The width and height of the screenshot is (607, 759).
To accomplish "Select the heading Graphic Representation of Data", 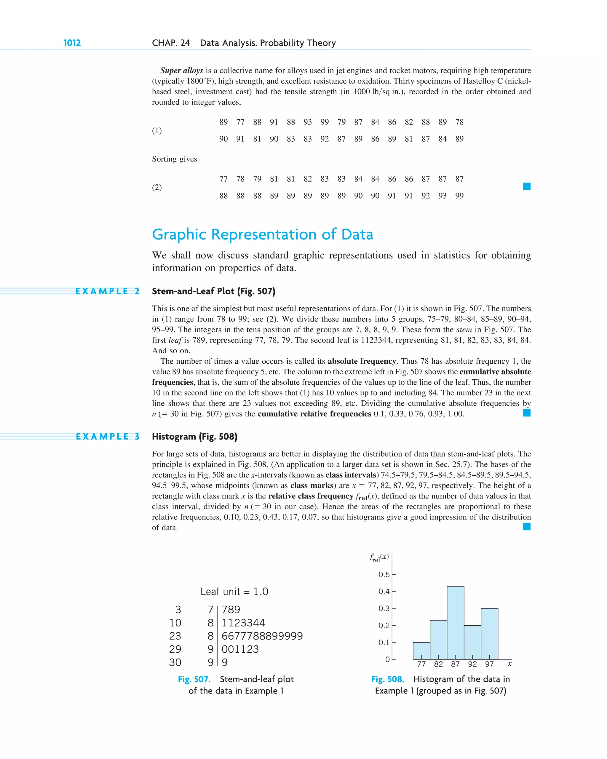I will coord(262,234).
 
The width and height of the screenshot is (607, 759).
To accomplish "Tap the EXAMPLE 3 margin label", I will coord(107,437).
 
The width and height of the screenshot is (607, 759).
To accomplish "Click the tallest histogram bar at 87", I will coord(455,623).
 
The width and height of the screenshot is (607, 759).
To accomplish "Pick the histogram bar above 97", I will coord(489,634).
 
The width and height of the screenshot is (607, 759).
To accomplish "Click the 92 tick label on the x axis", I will coord(472,664).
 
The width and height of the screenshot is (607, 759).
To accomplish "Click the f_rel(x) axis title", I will coord(379,558).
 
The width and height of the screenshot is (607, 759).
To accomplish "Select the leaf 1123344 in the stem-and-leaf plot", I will coord(243,623).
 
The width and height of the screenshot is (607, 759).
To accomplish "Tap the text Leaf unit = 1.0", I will coord(234,592).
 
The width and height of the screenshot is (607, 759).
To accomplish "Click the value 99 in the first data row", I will coord(324,122).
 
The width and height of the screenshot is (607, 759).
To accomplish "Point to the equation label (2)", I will coord(157,187).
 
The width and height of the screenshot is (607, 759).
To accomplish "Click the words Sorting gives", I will coord(174,159).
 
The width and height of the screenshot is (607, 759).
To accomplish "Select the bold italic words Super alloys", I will coord(182,71).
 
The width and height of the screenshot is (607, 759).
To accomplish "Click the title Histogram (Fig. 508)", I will coord(194,437).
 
